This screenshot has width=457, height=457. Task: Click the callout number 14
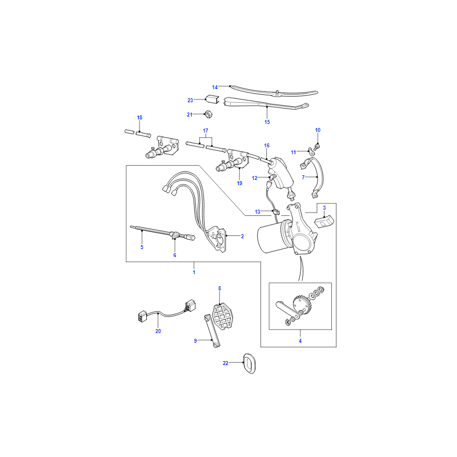215,87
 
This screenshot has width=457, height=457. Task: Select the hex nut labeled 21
208,114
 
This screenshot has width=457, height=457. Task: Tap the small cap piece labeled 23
211,99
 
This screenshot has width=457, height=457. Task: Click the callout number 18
139,118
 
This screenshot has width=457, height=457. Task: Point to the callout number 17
206,131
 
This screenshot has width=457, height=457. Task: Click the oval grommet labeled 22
249,363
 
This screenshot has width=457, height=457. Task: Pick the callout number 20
158,331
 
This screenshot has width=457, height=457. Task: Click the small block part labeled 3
323,222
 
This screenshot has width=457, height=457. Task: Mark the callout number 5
142,247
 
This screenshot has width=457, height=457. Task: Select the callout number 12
255,178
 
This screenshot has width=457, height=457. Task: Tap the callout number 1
194,272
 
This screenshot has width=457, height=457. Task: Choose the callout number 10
318,130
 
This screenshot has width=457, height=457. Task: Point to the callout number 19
239,183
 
